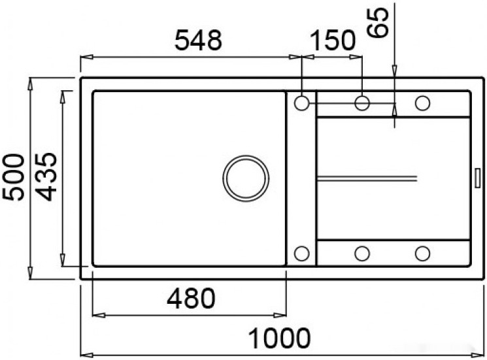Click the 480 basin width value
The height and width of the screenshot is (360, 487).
(190, 299)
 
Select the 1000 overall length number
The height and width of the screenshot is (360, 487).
(279, 338)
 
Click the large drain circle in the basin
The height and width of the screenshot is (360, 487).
(245, 178)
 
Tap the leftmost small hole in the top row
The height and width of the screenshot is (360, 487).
(302, 103)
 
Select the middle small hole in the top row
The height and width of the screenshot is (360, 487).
(362, 103)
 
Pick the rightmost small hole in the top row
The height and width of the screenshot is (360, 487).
(422, 103)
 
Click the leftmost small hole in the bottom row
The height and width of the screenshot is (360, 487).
(302, 253)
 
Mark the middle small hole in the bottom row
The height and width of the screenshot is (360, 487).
(362, 253)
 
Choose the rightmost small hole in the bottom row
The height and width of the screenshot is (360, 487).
(422, 253)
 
